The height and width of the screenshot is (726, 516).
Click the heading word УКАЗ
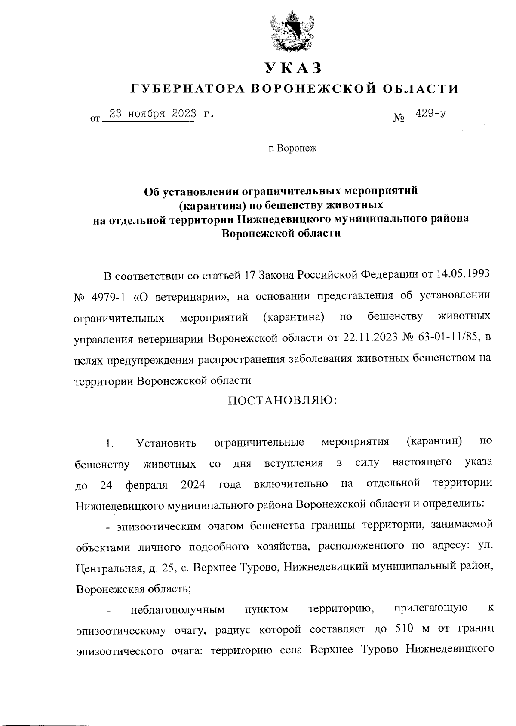[x=293, y=68]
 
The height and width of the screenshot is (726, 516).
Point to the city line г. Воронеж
[x=292, y=149]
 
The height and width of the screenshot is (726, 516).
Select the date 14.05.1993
[x=462, y=275]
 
